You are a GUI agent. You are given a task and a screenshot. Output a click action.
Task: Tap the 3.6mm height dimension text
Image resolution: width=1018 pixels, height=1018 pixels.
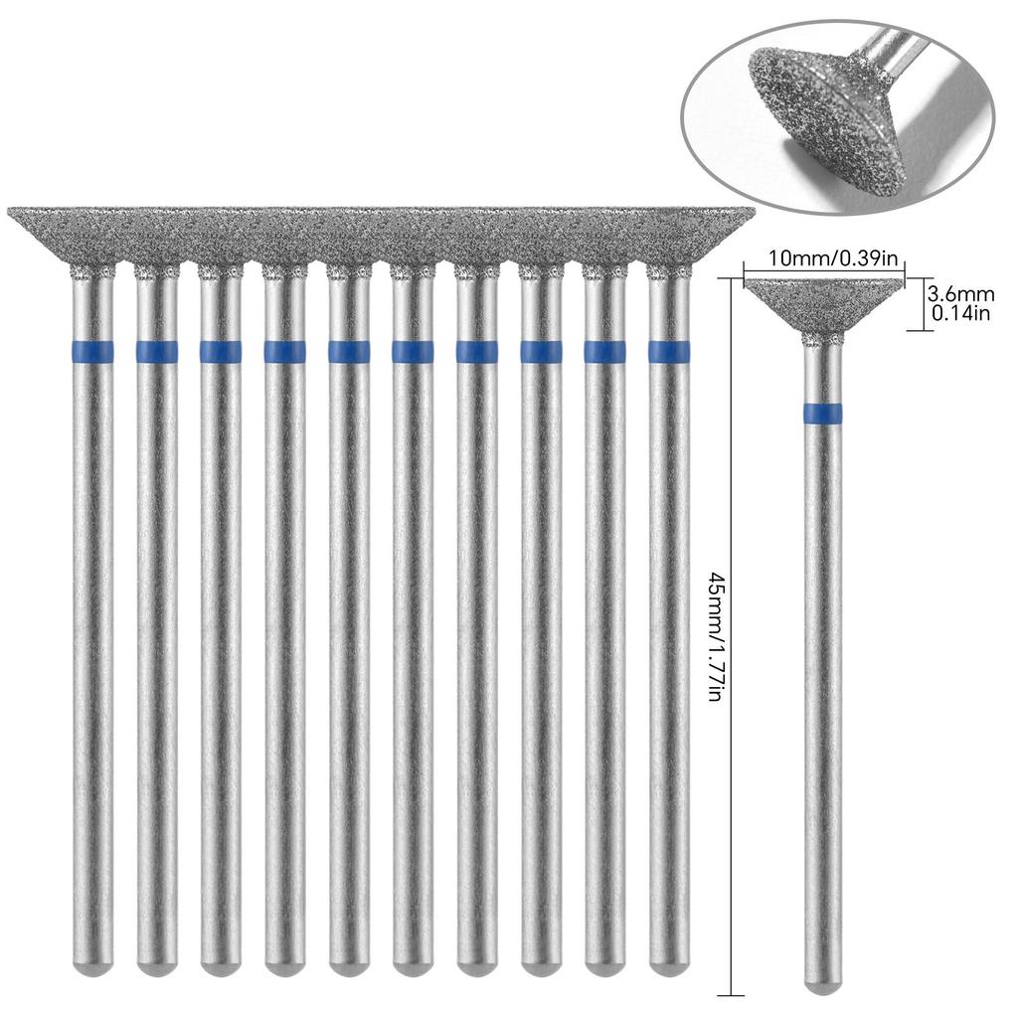(x=962, y=293)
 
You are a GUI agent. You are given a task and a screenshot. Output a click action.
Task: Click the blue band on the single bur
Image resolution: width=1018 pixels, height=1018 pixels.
(x=823, y=413)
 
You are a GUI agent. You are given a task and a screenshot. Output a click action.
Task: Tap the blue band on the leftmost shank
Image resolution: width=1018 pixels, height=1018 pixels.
(x=92, y=351)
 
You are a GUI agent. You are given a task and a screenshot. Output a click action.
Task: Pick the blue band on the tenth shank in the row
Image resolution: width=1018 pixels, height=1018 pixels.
(x=669, y=351)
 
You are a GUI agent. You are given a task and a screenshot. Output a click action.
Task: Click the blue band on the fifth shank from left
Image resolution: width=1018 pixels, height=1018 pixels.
(x=349, y=351)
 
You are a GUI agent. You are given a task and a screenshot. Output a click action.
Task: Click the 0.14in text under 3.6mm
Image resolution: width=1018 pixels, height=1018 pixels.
(x=961, y=313)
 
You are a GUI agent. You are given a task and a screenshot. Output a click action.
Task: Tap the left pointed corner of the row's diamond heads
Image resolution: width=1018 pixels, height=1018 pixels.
(x=9, y=210)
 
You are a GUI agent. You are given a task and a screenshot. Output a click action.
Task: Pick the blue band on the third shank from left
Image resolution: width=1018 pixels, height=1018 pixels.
(x=221, y=351)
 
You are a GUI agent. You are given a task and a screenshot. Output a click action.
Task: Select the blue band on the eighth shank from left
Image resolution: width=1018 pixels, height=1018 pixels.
(x=542, y=351)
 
